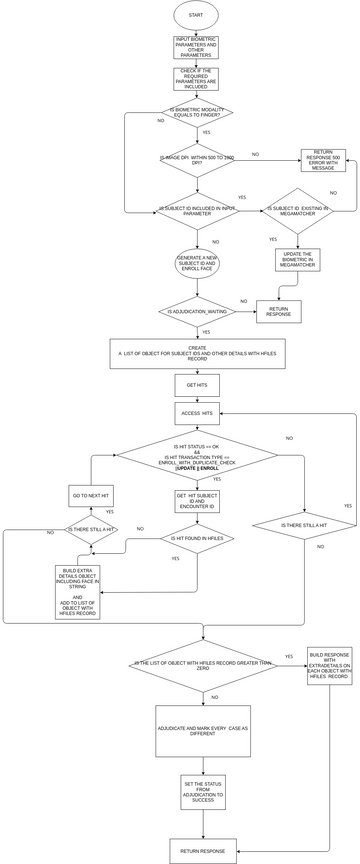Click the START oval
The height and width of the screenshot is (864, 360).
click(x=196, y=15)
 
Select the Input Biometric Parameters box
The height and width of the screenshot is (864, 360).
click(x=196, y=47)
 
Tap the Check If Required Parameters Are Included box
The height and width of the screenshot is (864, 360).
click(x=196, y=78)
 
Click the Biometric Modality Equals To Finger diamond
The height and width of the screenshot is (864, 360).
click(x=197, y=112)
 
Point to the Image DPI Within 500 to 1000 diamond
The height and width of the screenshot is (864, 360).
click(x=197, y=159)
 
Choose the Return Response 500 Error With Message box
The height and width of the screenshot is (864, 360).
click(x=323, y=160)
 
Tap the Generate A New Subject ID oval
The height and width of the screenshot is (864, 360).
click(x=197, y=263)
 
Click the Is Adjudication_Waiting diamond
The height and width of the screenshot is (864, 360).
click(x=197, y=311)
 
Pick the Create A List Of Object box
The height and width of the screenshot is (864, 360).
click(x=197, y=353)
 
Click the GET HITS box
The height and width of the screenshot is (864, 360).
click(x=197, y=385)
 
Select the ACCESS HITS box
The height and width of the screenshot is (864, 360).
click(x=197, y=413)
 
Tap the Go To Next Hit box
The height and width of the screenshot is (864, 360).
click(x=91, y=496)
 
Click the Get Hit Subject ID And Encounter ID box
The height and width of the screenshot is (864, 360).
click(x=197, y=501)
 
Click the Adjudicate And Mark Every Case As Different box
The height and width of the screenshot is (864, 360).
click(x=203, y=732)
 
